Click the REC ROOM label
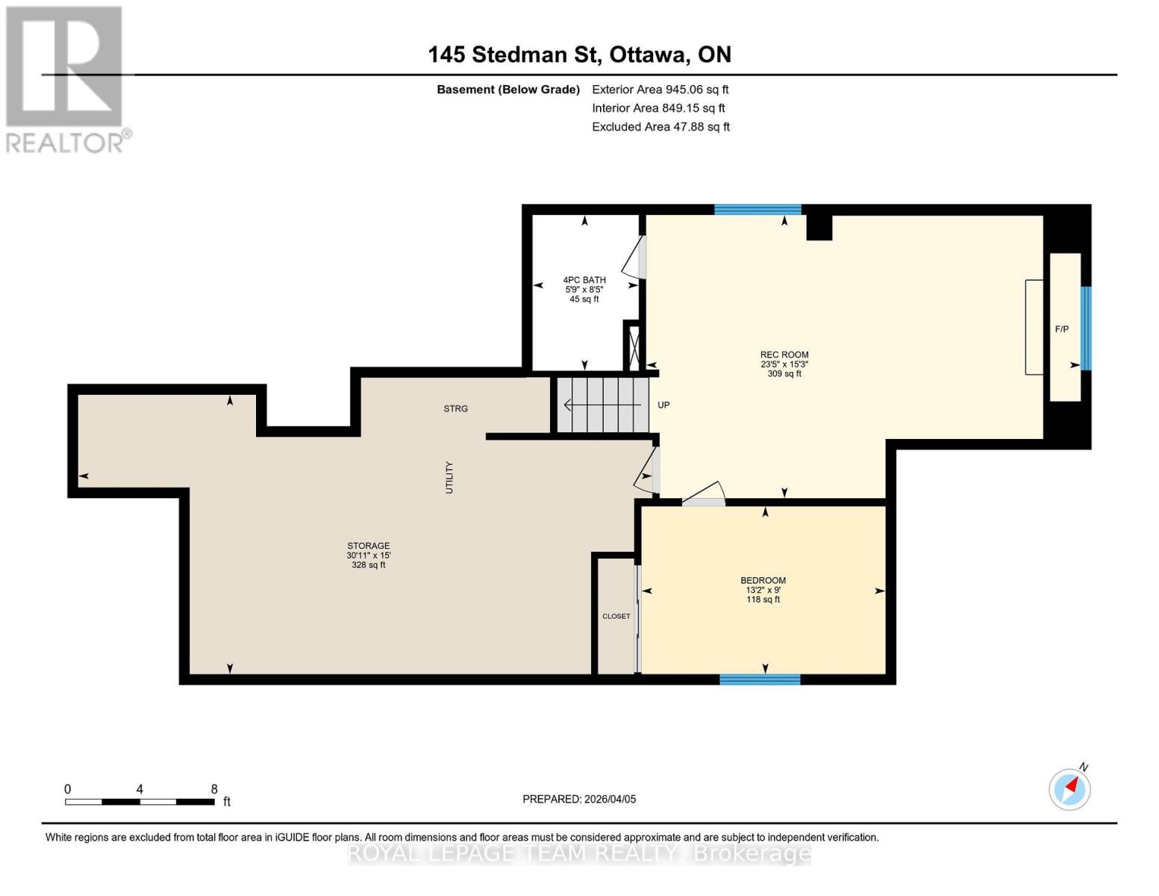784,355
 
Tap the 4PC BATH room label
584,281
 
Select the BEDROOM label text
763,581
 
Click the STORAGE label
368,547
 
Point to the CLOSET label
616,617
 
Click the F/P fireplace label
1061,329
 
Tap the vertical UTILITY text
449,477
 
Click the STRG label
455,409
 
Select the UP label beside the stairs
663,405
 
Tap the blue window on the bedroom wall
760,679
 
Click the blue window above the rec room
757,210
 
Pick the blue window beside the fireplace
1086,329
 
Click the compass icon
1069,789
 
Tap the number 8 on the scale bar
214,789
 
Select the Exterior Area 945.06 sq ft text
660,90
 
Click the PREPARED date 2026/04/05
579,800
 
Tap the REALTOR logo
66,78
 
